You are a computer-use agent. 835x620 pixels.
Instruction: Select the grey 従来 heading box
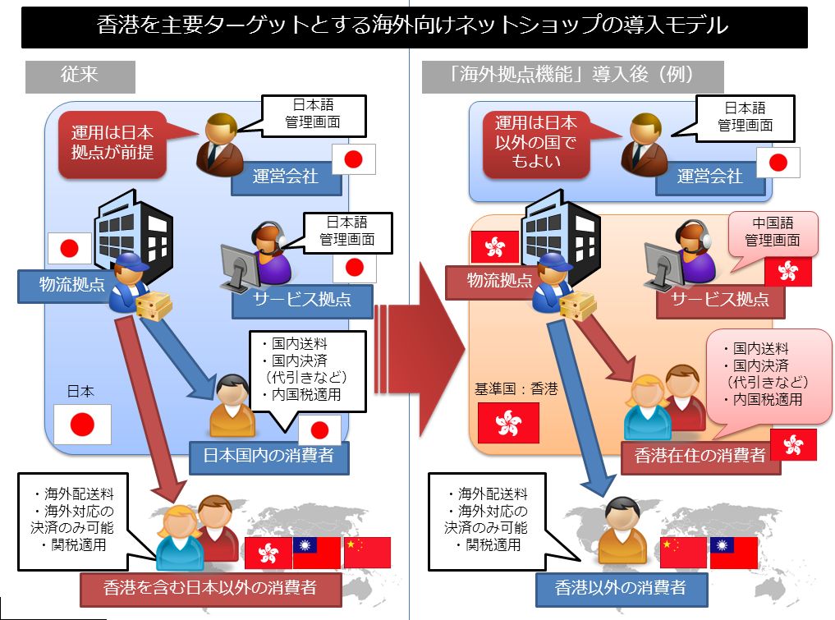(x=80, y=76)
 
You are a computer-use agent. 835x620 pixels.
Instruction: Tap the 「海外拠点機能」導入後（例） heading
(x=572, y=76)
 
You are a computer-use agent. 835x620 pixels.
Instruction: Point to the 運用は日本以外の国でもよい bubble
(x=535, y=143)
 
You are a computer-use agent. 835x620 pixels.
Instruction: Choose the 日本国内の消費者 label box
(x=269, y=455)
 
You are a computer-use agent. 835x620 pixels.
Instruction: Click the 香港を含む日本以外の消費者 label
(x=210, y=587)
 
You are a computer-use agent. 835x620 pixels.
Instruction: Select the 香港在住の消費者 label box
(x=700, y=454)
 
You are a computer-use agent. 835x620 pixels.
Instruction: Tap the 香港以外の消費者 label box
(x=620, y=587)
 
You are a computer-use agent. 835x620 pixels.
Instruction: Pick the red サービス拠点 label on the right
(x=720, y=300)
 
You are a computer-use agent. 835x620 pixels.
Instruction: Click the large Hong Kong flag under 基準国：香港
(x=507, y=423)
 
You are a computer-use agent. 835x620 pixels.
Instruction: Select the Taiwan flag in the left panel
(x=316, y=552)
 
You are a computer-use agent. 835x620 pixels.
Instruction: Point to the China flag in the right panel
(x=682, y=552)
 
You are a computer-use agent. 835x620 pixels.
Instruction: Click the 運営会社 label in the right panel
(x=709, y=177)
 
